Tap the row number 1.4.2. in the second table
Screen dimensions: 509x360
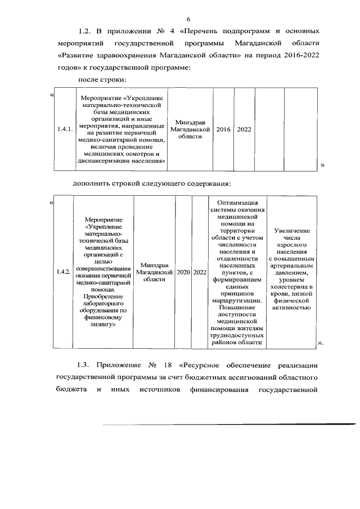point(63,272)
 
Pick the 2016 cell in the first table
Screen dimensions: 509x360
point(223,129)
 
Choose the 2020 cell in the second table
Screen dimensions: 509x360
point(183,272)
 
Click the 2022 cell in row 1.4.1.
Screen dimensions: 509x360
point(244,129)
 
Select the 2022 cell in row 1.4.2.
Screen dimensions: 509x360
point(200,272)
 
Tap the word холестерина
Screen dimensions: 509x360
point(291,287)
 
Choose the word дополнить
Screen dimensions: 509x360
point(92,183)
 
